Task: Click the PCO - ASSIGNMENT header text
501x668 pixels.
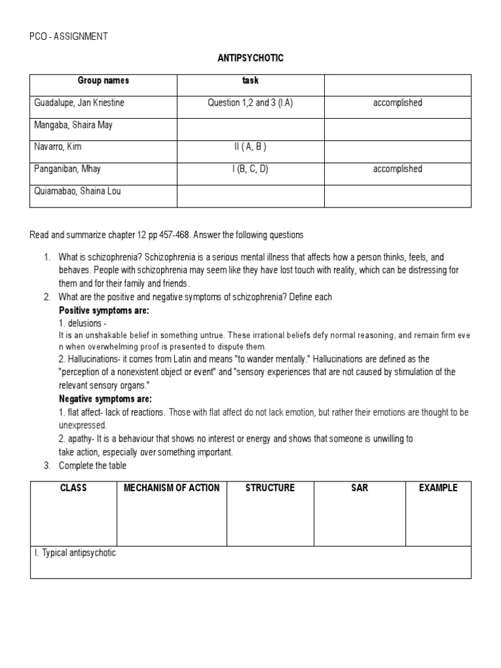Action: (x=69, y=37)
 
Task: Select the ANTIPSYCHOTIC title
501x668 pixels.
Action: (x=250, y=59)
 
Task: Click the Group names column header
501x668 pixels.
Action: (x=103, y=81)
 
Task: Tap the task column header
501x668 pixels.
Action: (x=250, y=81)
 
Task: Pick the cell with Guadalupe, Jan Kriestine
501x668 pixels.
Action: (x=79, y=103)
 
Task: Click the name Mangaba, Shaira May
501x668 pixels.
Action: (x=73, y=125)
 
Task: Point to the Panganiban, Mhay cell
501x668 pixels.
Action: (x=67, y=169)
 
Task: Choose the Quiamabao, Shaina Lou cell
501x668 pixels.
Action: (x=78, y=191)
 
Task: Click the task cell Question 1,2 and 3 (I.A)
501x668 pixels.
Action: (x=250, y=103)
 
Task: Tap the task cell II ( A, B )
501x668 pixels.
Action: (x=250, y=147)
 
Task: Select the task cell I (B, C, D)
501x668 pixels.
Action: (x=250, y=169)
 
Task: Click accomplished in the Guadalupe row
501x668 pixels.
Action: (x=397, y=103)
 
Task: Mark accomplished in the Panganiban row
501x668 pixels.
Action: (x=397, y=169)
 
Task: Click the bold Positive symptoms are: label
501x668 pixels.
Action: (x=104, y=311)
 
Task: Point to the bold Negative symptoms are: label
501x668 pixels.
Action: (x=106, y=399)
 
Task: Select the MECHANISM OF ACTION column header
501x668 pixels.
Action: (x=172, y=488)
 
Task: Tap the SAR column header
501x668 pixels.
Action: (x=359, y=488)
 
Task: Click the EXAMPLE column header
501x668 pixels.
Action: (x=438, y=488)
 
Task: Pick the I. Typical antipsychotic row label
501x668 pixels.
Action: (x=75, y=553)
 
